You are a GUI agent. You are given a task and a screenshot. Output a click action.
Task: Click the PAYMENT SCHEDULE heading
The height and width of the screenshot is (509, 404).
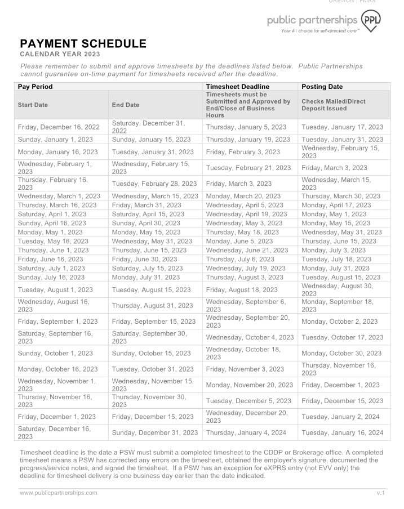tap(83, 44)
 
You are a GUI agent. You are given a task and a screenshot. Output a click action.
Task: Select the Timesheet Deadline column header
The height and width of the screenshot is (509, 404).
tap(237, 87)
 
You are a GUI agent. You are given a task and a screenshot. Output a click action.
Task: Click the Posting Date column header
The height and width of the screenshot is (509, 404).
tap(322, 87)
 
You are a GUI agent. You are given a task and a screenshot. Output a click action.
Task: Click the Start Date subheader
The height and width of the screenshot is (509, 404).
tap(33, 105)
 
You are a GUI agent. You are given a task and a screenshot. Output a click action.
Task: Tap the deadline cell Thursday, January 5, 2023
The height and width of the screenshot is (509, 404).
tap(246, 127)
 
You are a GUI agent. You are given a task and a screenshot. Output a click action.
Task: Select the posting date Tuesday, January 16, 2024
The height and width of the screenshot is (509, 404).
tap(342, 432)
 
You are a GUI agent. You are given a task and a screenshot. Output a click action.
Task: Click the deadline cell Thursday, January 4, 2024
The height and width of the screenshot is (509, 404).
tap(246, 432)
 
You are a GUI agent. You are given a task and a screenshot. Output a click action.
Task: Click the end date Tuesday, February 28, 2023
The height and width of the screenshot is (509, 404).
tap(154, 183)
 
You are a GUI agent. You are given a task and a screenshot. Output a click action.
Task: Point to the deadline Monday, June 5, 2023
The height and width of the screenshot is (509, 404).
tap(239, 241)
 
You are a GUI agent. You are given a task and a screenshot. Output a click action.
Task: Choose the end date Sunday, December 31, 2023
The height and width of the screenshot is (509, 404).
tap(155, 432)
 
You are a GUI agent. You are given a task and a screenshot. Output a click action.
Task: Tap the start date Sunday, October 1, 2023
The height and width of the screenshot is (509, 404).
tap(55, 353)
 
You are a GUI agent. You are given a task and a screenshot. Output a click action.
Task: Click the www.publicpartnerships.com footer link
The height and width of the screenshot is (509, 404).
tap(59, 493)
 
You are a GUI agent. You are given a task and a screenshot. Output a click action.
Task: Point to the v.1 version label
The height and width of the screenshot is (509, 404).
tap(380, 493)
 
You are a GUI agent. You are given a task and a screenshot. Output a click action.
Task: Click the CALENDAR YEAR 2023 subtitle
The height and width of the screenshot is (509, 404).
tap(60, 54)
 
